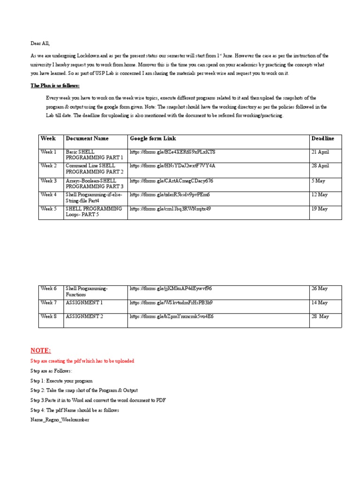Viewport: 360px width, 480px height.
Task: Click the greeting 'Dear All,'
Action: pyautogui.click(x=40, y=43)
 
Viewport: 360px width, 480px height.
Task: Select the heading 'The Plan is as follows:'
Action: pyautogui.click(x=55, y=86)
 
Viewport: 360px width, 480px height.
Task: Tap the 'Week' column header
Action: pyautogui.click(x=48, y=139)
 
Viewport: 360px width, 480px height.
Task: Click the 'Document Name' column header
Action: pyautogui.click(x=87, y=139)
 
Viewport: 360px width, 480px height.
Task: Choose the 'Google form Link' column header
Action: pyautogui.click(x=153, y=139)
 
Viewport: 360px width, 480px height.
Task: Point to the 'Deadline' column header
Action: pyautogui.click(x=322, y=139)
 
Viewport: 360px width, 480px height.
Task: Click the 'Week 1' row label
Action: pyautogui.click(x=48, y=152)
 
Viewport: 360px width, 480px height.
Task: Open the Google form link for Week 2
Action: pyautogui.click(x=172, y=166)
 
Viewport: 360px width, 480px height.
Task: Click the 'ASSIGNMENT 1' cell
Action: pyautogui.click(x=84, y=303)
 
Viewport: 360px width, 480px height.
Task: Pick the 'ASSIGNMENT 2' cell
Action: pyautogui.click(x=84, y=316)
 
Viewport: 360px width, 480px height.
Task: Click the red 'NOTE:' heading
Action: pyautogui.click(x=40, y=351)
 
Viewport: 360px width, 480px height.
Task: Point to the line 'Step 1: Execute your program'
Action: pyautogui.click(x=61, y=381)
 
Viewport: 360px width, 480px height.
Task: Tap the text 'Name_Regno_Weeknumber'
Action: pyautogui.click(x=60, y=420)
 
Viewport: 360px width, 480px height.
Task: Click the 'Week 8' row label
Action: pyautogui.click(x=48, y=316)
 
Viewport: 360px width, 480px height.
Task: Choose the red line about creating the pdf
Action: pyautogui.click(x=82, y=361)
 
